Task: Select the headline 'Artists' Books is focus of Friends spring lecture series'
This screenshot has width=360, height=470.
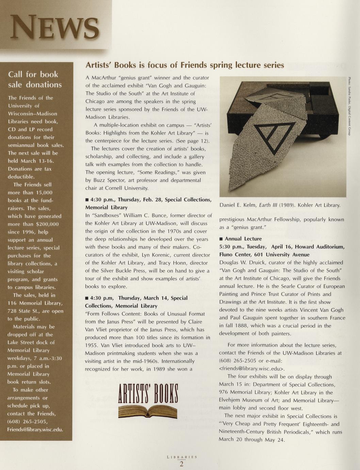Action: pos(184,65)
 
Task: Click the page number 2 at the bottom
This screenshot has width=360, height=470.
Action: pos(181,464)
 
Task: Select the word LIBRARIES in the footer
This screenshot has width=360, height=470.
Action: pos(182,457)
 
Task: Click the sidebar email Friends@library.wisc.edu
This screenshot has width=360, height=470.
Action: pos(35,429)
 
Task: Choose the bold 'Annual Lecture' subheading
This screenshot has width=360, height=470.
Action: pos(243,239)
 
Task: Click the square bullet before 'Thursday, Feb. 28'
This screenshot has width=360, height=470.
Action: pos(87,200)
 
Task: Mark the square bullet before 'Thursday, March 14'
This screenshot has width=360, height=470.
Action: pos(87,298)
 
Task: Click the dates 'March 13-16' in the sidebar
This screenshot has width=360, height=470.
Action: pos(38,161)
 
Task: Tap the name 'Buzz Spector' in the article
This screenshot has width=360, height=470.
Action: pos(110,180)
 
